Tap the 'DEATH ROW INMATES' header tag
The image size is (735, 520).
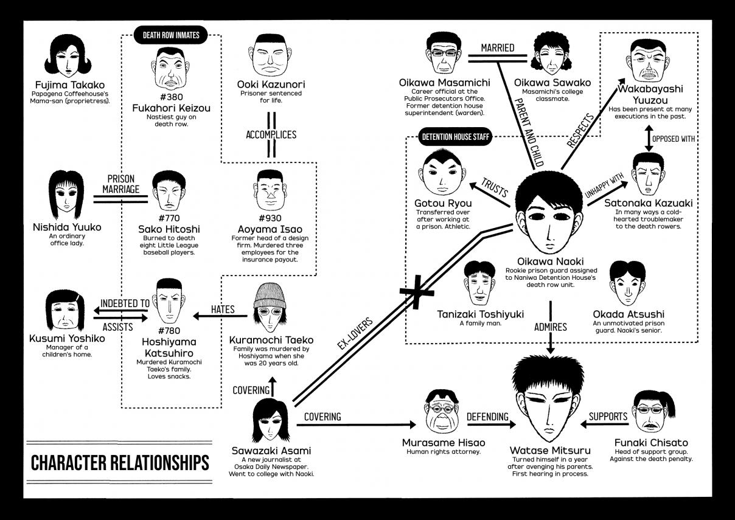[171, 35]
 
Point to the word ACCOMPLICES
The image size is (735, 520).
[271, 134]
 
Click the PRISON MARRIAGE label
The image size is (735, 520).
[120, 184]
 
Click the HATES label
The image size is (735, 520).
[223, 309]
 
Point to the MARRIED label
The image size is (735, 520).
[498, 47]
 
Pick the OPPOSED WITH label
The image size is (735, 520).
[673, 138]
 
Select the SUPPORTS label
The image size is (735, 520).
[608, 416]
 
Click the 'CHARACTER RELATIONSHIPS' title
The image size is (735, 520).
[120, 462]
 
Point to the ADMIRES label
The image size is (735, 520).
[549, 327]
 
